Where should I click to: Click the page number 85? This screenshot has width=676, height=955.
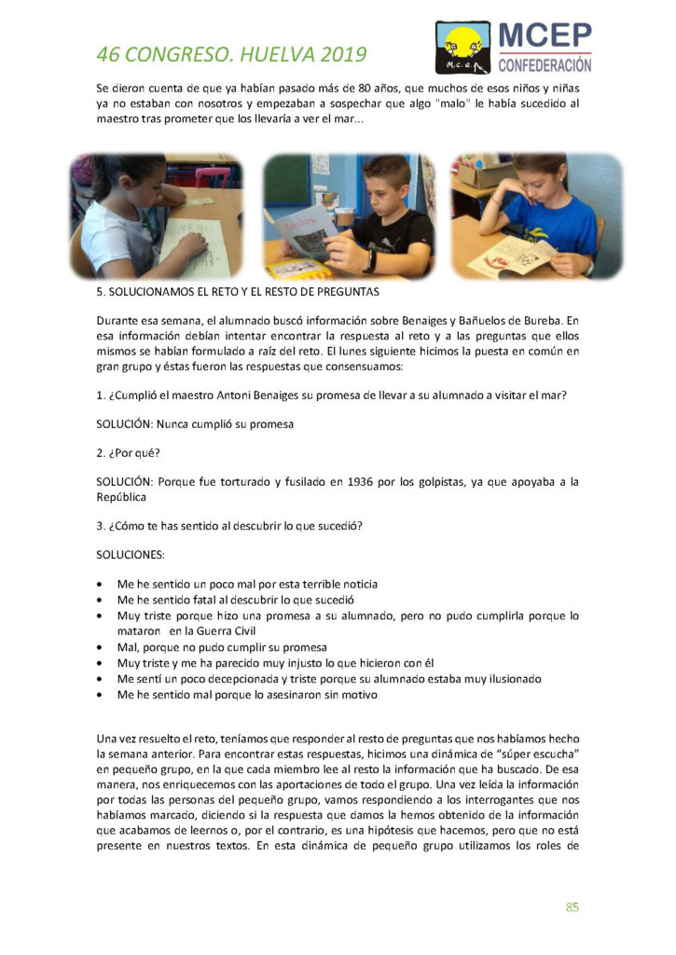[x=573, y=907]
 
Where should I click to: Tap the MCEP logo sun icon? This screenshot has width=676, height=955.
[x=461, y=40]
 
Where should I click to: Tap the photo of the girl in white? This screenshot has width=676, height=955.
[x=156, y=216]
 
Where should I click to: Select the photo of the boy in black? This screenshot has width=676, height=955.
[x=349, y=216]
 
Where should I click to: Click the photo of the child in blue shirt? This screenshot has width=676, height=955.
[x=536, y=216]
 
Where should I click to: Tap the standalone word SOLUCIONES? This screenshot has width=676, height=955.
[x=130, y=555]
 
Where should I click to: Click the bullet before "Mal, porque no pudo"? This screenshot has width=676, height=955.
[x=101, y=647]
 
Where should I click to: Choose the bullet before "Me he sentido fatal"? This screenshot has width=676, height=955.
[x=101, y=600]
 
